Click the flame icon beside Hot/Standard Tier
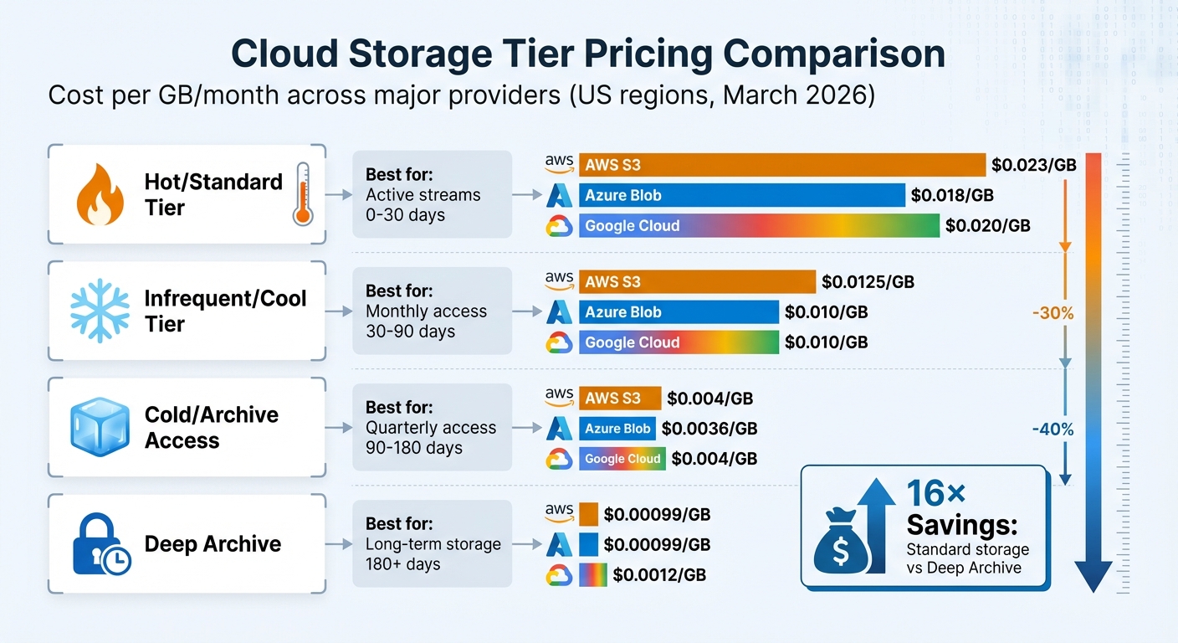click(x=100, y=194)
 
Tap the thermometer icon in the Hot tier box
click(x=303, y=194)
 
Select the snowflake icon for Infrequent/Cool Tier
click(x=100, y=311)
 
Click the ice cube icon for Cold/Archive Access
click(x=100, y=426)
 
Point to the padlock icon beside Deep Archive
click(x=100, y=543)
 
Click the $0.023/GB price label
click(x=1033, y=165)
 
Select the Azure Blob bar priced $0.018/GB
click(x=741, y=195)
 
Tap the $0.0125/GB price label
click(x=868, y=281)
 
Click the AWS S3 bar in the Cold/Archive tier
click(x=619, y=399)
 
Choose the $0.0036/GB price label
click(x=709, y=429)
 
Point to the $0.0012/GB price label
click(x=658, y=575)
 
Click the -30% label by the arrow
click(x=1053, y=314)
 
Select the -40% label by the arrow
click(x=1053, y=430)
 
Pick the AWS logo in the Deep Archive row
click(x=558, y=511)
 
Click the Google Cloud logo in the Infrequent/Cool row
click(x=558, y=342)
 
